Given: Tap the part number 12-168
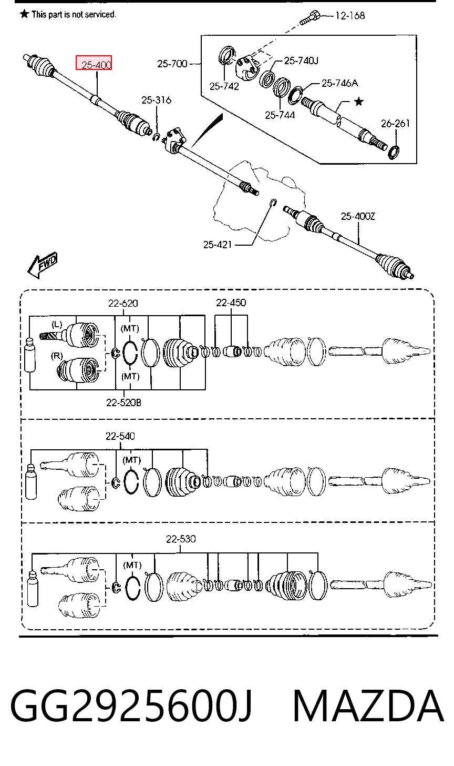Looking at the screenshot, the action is (x=350, y=15).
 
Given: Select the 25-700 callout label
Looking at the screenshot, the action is (x=172, y=64).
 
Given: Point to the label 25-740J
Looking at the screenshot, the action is (x=301, y=61).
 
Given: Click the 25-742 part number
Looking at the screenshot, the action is (x=224, y=86).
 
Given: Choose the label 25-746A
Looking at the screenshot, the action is (x=340, y=83).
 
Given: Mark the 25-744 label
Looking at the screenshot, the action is (x=280, y=115).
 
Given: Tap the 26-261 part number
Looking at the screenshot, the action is (x=395, y=123).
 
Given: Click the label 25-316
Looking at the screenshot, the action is (x=157, y=100).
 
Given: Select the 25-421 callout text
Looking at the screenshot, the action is (x=218, y=245).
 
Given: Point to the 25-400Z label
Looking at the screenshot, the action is (x=358, y=216).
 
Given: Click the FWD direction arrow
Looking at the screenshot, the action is (x=43, y=265).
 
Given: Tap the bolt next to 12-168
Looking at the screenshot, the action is (x=310, y=18).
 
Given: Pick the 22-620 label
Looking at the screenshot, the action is (x=123, y=304).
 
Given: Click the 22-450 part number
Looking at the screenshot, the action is (x=231, y=303).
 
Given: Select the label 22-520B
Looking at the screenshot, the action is (x=123, y=402).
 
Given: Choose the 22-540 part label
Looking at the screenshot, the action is (x=120, y=436).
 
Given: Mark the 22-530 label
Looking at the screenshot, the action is (x=181, y=539).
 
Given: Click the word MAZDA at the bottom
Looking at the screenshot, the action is (x=368, y=706).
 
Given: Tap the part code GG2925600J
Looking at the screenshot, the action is (x=131, y=707).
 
